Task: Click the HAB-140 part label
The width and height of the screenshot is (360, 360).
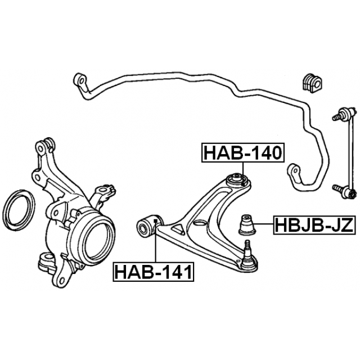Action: click(243, 152)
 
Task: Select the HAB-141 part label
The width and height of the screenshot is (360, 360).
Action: click(154, 272)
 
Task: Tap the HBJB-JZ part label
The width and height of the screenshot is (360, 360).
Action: click(314, 225)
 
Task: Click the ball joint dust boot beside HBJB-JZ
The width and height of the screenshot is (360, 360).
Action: click(247, 225)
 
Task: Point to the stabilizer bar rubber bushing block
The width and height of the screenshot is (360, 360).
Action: click(311, 83)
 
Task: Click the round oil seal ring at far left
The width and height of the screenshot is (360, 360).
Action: click(19, 210)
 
